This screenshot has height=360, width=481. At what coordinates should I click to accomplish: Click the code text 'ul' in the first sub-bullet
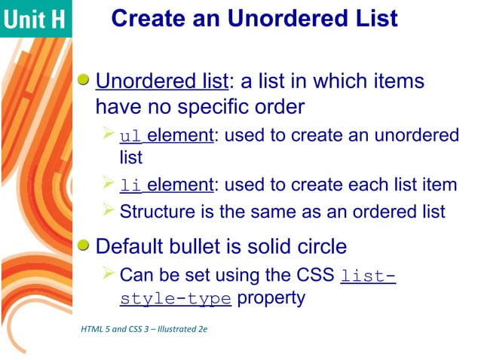(130, 136)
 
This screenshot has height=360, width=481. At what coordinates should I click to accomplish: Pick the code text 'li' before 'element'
(130, 185)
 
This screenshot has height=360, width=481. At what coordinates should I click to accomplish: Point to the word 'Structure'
(154, 211)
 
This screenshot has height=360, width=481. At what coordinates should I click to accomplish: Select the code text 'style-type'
(175, 299)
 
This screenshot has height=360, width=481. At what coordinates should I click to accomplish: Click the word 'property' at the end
(271, 298)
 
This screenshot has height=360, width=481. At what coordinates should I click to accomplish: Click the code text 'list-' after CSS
(368, 275)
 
